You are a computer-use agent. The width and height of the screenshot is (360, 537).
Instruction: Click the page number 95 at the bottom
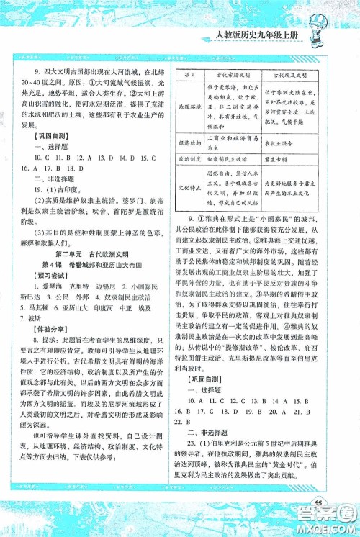(316, 503)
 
